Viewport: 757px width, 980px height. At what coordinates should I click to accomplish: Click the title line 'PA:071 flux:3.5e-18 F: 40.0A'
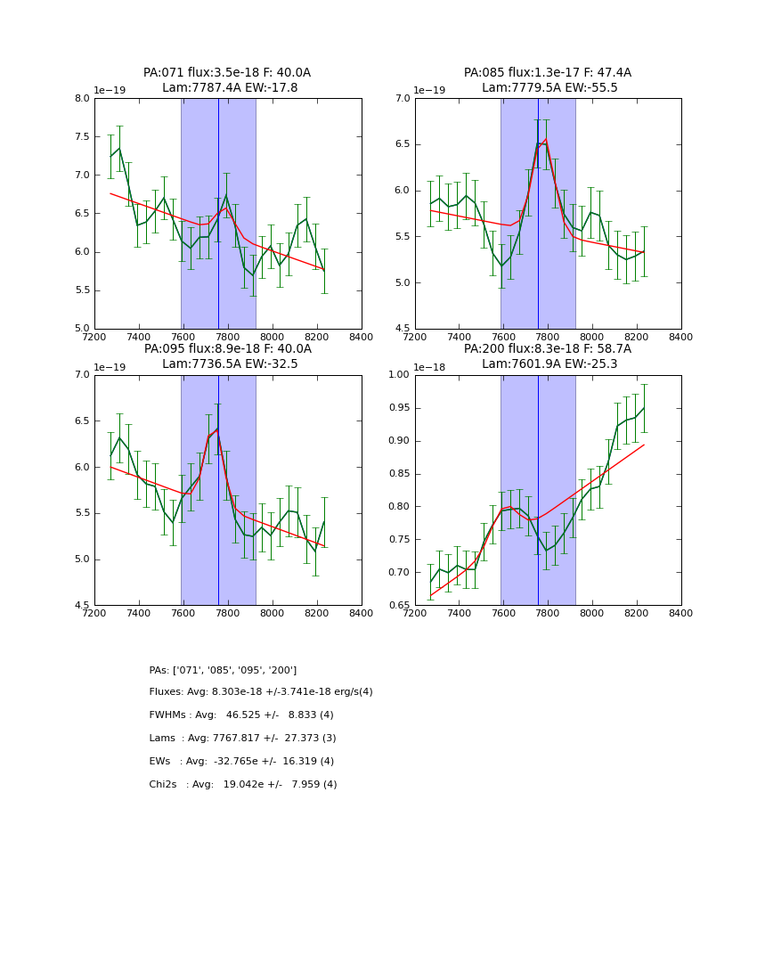pyautogui.click(x=227, y=73)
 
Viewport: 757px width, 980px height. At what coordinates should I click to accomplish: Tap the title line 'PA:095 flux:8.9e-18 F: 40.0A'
pyautogui.click(x=227, y=349)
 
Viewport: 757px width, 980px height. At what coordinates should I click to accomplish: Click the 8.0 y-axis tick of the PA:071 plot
pyautogui.click(x=82, y=99)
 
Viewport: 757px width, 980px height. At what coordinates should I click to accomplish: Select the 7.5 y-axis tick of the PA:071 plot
pyautogui.click(x=82, y=137)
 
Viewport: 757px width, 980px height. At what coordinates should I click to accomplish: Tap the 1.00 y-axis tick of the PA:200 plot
pyautogui.click(x=397, y=375)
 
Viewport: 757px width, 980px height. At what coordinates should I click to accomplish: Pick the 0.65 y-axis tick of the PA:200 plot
pyautogui.click(x=397, y=606)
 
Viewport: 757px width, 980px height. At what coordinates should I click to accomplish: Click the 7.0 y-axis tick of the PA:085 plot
pyautogui.click(x=403, y=99)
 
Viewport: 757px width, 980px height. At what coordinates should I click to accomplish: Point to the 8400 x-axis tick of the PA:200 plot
pyautogui.click(x=680, y=613)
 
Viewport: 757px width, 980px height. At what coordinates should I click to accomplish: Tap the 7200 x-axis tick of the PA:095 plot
pyautogui.click(x=94, y=613)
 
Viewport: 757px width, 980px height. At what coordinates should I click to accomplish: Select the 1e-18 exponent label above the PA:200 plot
pyautogui.click(x=429, y=367)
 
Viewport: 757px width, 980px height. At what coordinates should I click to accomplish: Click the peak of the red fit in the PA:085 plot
pyautogui.click(x=545, y=140)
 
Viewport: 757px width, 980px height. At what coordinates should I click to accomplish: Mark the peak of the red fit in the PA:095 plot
pyautogui.click(x=216, y=429)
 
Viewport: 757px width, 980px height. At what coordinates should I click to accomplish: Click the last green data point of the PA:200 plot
pyautogui.click(x=644, y=408)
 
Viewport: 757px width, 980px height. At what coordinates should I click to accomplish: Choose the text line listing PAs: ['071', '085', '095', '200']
pyautogui.click(x=223, y=670)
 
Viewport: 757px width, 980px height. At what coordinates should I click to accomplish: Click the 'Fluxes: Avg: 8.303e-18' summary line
pyautogui.click(x=261, y=692)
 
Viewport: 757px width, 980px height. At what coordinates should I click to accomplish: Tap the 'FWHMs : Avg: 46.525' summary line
pyautogui.click(x=241, y=715)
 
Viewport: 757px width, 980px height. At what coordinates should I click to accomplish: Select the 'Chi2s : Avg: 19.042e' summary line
pyautogui.click(x=243, y=785)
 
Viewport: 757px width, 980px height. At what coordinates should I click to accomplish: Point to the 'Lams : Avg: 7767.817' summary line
pyautogui.click(x=242, y=739)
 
